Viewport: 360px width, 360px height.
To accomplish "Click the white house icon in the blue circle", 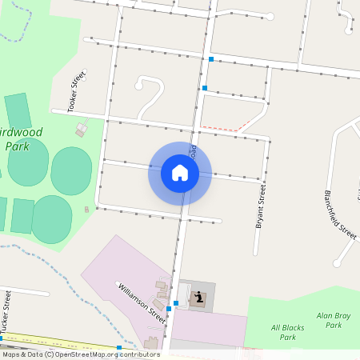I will click(x=180, y=173).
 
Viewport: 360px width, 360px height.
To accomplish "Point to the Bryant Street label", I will click(x=260, y=207).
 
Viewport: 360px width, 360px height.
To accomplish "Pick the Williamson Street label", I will click(x=142, y=303).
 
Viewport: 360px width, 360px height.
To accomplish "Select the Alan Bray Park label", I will click(x=328, y=321).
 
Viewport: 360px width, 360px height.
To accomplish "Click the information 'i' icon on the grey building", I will click(x=198, y=299).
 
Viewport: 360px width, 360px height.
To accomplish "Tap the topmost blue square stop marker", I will click(x=211, y=59).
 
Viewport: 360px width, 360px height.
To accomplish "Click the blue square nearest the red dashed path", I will click(x=205, y=87).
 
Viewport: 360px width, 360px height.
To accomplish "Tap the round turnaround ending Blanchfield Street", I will click(x=338, y=261).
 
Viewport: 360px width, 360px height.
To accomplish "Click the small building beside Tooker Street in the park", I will click(x=81, y=128).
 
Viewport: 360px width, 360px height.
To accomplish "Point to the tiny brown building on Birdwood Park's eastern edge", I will click(x=86, y=210).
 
